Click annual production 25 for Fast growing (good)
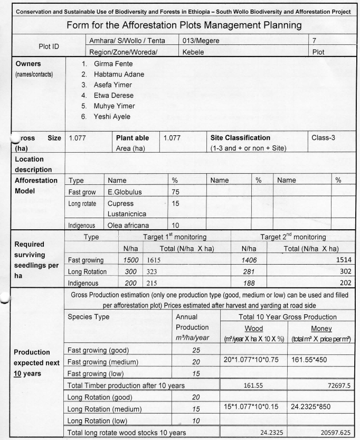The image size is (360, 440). [x=196, y=349]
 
